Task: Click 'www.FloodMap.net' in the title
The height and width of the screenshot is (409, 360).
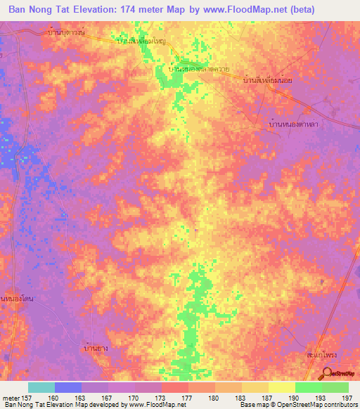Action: pyautogui.click(x=243, y=9)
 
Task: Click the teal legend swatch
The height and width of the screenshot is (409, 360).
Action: pyautogui.click(x=41, y=387)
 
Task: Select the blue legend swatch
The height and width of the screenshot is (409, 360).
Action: pyautogui.click(x=68, y=387)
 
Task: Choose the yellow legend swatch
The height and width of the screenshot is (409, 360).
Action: pyautogui.click(x=282, y=387)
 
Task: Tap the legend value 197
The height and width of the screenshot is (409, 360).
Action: pyautogui.click(x=348, y=397)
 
